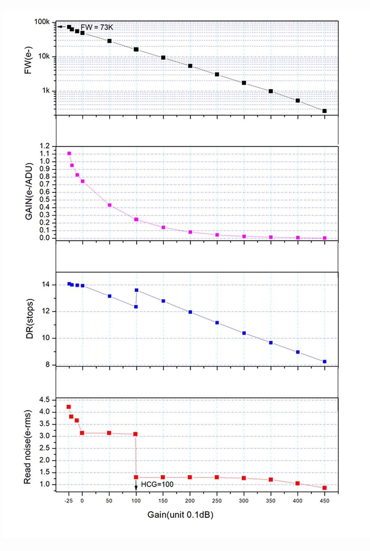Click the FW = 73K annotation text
[97, 27]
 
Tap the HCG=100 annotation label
[157, 484]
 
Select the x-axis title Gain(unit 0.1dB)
[180, 515]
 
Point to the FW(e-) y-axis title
[28, 60]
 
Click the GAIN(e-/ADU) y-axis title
[29, 191]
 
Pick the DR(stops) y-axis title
[30, 319]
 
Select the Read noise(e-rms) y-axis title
[28, 447]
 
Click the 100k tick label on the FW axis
[42, 22]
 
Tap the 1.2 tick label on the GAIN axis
[44, 146]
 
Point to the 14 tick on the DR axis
[46, 284]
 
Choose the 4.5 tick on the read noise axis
[44, 400]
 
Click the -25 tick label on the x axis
[68, 501]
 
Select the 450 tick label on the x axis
[324, 501]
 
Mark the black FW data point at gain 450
[324, 111]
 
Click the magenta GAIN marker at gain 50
[109, 205]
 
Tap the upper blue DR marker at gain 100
[137, 290]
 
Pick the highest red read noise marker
[68, 407]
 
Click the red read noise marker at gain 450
[324, 488]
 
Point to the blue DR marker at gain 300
[244, 333]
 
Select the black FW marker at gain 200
[190, 66]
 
